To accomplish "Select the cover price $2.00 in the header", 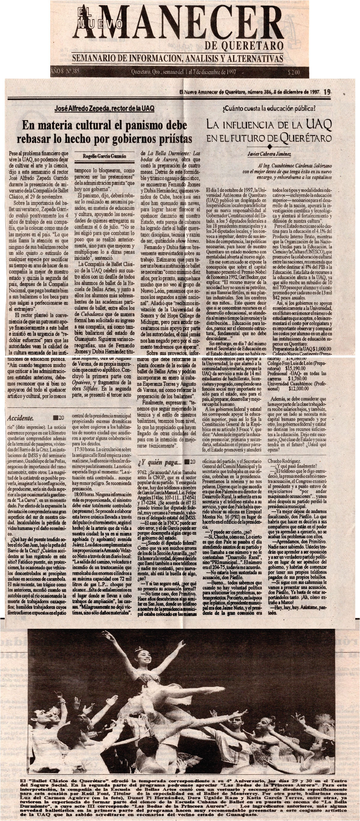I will (x=293, y=72).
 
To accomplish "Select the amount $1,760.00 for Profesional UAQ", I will (x=297, y=378).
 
